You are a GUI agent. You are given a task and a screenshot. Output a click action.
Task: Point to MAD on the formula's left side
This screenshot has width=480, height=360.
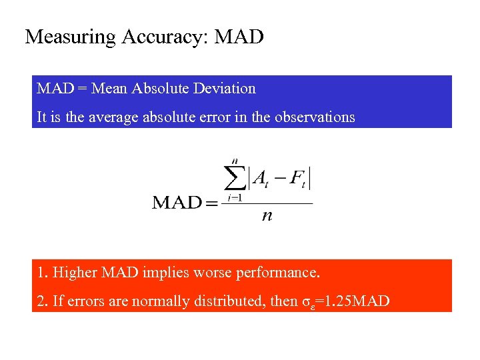click(176, 202)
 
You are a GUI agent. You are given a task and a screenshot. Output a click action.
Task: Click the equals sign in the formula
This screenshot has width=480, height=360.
click(211, 203)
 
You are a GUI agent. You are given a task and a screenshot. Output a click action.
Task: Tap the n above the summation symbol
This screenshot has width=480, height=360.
click(235, 161)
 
